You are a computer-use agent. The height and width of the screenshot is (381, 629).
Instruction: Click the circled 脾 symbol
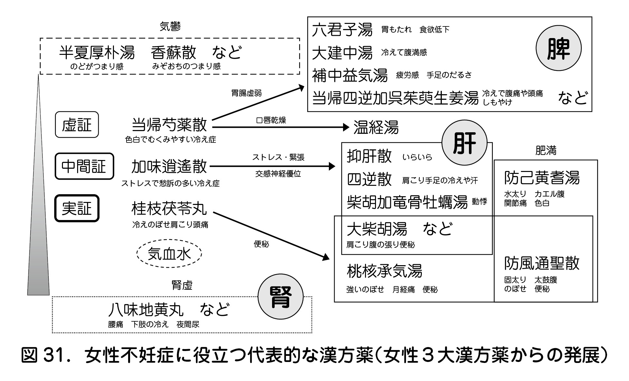(558, 48)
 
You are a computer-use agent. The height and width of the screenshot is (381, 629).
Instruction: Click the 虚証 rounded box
(77, 125)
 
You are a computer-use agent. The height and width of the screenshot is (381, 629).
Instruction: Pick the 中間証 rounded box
(84, 166)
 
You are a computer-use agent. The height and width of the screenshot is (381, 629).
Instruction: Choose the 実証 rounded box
(77, 208)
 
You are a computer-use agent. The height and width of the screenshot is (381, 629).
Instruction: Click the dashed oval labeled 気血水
(169, 254)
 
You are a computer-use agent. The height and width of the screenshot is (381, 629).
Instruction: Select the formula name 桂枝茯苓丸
(169, 208)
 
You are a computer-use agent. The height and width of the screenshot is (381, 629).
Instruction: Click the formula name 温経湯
(376, 127)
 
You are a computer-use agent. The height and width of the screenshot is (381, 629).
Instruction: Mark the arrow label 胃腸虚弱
(247, 93)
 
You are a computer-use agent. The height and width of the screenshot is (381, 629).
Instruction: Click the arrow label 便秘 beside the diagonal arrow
(261, 244)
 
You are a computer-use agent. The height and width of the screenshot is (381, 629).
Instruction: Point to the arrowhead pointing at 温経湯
(346, 127)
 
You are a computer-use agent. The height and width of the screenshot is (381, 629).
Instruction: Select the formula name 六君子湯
(342, 30)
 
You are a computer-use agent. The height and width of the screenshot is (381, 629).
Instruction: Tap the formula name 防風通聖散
(542, 263)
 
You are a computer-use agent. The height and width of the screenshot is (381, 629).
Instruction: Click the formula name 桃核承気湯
(384, 271)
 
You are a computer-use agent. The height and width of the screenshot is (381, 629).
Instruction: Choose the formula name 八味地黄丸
(146, 310)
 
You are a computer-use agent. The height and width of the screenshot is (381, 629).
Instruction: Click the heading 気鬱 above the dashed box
(170, 26)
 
